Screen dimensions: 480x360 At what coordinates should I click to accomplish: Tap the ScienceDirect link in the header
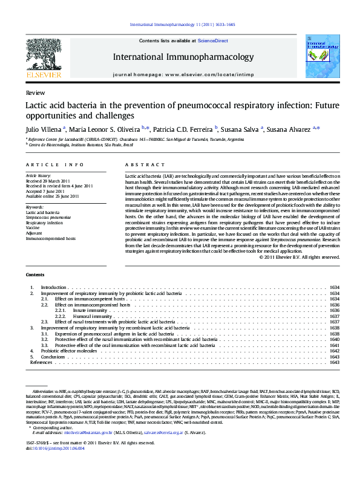[212, 40]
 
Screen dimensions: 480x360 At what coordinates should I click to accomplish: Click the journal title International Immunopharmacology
[183, 57]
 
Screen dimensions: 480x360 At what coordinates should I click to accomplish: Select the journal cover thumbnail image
[318, 56]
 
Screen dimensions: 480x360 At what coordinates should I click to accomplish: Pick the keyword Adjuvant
[34, 233]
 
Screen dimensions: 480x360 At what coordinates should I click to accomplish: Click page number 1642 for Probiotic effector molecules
[334, 351]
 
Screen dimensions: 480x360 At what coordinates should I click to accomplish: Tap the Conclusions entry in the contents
[53, 357]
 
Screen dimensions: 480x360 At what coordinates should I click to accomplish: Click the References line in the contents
[41, 362]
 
